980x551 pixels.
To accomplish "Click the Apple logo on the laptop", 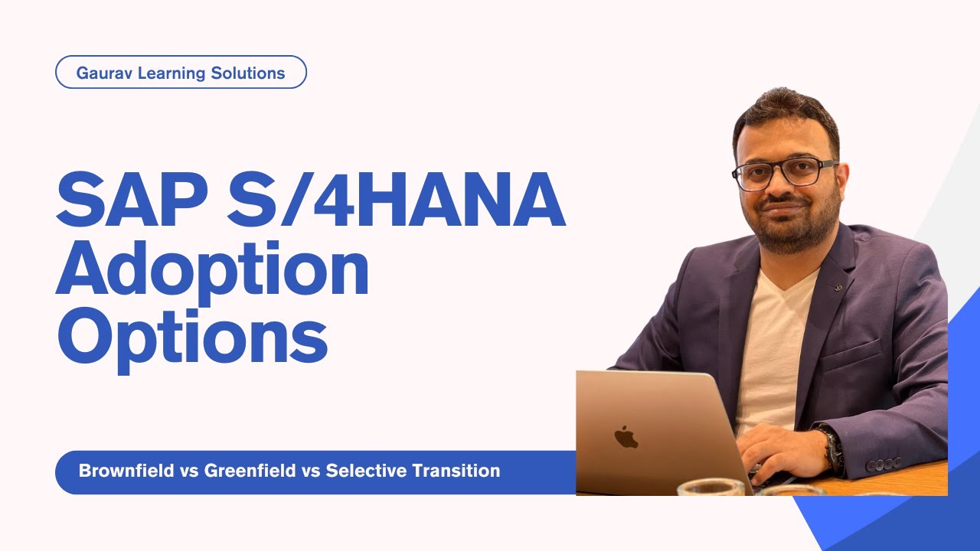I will click(x=626, y=437).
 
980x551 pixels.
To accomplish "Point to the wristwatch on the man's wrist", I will click(x=831, y=448).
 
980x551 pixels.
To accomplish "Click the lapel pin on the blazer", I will click(x=839, y=288).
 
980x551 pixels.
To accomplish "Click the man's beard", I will click(x=789, y=230).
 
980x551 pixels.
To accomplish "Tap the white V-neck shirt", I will click(x=769, y=344).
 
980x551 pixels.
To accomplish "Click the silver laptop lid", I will click(x=651, y=429).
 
